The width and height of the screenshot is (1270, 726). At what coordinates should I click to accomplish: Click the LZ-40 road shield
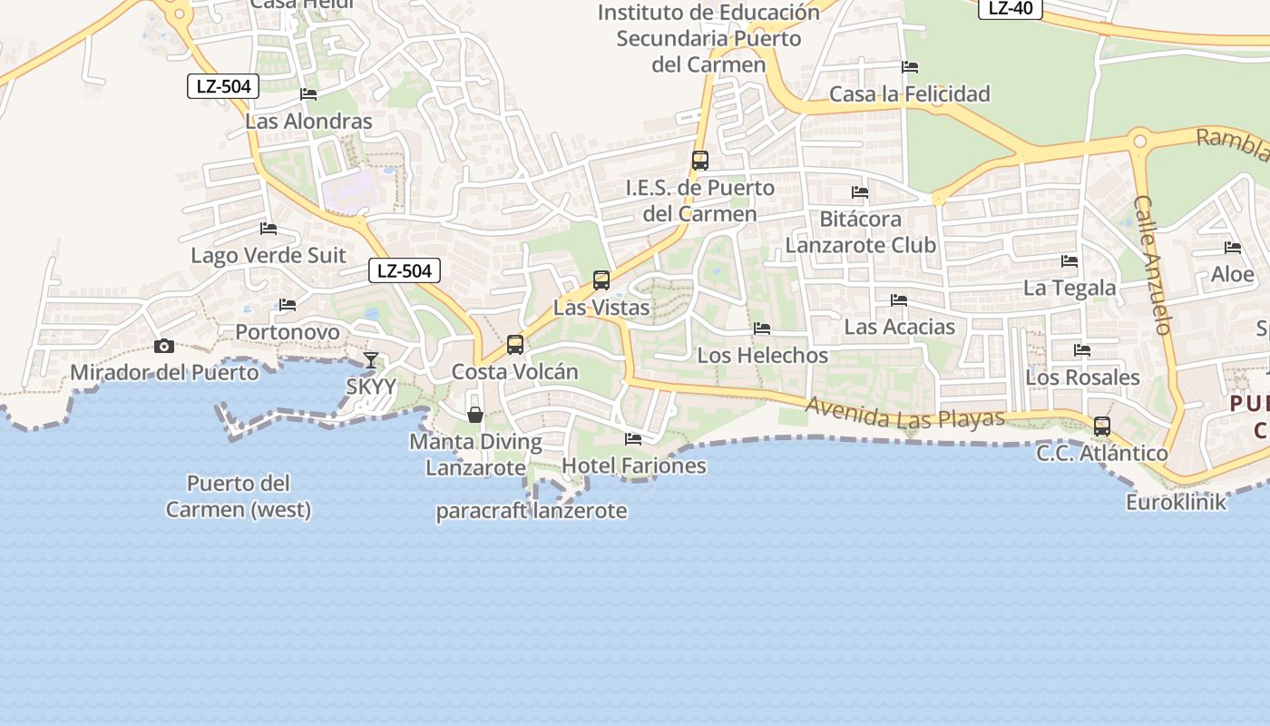pyautogui.click(x=1010, y=8)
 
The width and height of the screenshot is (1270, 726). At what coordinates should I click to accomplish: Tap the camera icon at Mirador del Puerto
pyautogui.click(x=164, y=346)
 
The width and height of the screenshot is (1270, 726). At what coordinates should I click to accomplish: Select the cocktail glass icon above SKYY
pyautogui.click(x=371, y=360)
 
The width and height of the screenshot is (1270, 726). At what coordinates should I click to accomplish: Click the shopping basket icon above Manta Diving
pyautogui.click(x=474, y=415)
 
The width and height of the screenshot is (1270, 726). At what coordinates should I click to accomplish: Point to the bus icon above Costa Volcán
pyautogui.click(x=515, y=345)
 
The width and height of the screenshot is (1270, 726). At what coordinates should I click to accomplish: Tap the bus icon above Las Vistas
pyautogui.click(x=601, y=280)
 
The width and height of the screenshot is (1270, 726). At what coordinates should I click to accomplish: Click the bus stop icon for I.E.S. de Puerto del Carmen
pyautogui.click(x=700, y=161)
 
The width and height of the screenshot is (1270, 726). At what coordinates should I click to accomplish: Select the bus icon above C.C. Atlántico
pyautogui.click(x=1102, y=427)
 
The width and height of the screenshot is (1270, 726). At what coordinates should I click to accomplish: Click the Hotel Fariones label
pyautogui.click(x=634, y=466)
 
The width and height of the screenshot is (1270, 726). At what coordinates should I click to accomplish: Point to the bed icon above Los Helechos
pyautogui.click(x=762, y=329)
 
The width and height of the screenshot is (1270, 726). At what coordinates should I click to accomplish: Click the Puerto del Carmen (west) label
pyautogui.click(x=239, y=495)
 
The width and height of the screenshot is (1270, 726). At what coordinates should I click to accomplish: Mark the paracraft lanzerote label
pyautogui.click(x=532, y=511)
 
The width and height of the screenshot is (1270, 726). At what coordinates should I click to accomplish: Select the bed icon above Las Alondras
pyautogui.click(x=308, y=94)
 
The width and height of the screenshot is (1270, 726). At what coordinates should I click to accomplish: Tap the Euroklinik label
pyautogui.click(x=1176, y=502)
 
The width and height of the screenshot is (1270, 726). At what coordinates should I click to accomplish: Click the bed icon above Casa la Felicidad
pyautogui.click(x=910, y=67)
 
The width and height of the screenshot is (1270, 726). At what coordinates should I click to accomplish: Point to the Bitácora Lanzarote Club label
pyautogui.click(x=860, y=231)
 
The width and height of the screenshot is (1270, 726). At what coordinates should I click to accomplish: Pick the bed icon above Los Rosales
pyautogui.click(x=1082, y=350)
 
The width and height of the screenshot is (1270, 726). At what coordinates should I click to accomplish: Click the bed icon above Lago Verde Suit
pyautogui.click(x=269, y=229)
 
